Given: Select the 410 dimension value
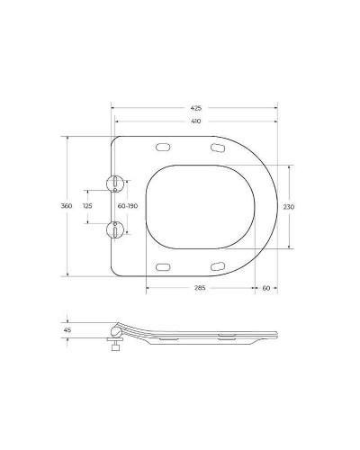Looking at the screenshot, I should coord(194,120).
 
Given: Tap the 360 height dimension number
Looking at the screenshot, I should coord(66,206).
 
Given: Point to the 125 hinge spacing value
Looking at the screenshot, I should coord(87,206).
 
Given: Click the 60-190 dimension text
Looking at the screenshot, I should coord(127,206).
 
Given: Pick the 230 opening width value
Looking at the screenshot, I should coord(289,206).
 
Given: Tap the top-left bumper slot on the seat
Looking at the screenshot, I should coord(164,147).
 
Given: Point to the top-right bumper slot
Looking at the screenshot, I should coord(218,147).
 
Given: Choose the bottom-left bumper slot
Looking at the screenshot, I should coord(164,265).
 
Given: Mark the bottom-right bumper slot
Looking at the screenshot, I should coord(218,265).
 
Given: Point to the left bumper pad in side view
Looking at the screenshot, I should coord(166,339).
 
